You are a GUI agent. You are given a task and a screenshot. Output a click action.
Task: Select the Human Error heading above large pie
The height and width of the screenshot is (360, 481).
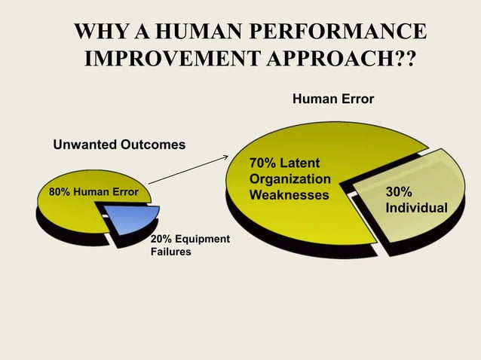(332, 99)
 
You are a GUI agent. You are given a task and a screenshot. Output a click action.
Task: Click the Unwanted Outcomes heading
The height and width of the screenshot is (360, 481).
(118, 144)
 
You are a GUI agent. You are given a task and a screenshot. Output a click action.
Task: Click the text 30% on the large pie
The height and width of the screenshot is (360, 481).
(399, 192)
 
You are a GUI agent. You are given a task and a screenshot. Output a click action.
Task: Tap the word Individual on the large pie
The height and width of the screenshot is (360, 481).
(416, 207)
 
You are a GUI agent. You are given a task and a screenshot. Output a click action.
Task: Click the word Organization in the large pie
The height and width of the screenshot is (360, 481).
(290, 179)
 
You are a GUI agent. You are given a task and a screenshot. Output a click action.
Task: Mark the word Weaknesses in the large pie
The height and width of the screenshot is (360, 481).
(290, 195)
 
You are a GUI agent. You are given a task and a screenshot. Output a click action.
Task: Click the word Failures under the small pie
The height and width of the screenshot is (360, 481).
(171, 252)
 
